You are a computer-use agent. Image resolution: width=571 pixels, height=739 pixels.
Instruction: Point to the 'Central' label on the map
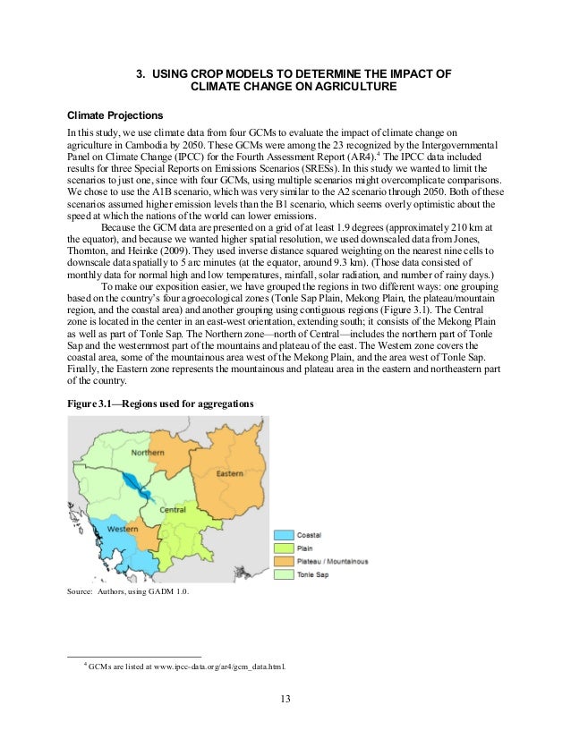[x=172, y=509]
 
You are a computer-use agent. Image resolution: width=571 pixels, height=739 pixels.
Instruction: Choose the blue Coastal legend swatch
[x=284, y=534]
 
